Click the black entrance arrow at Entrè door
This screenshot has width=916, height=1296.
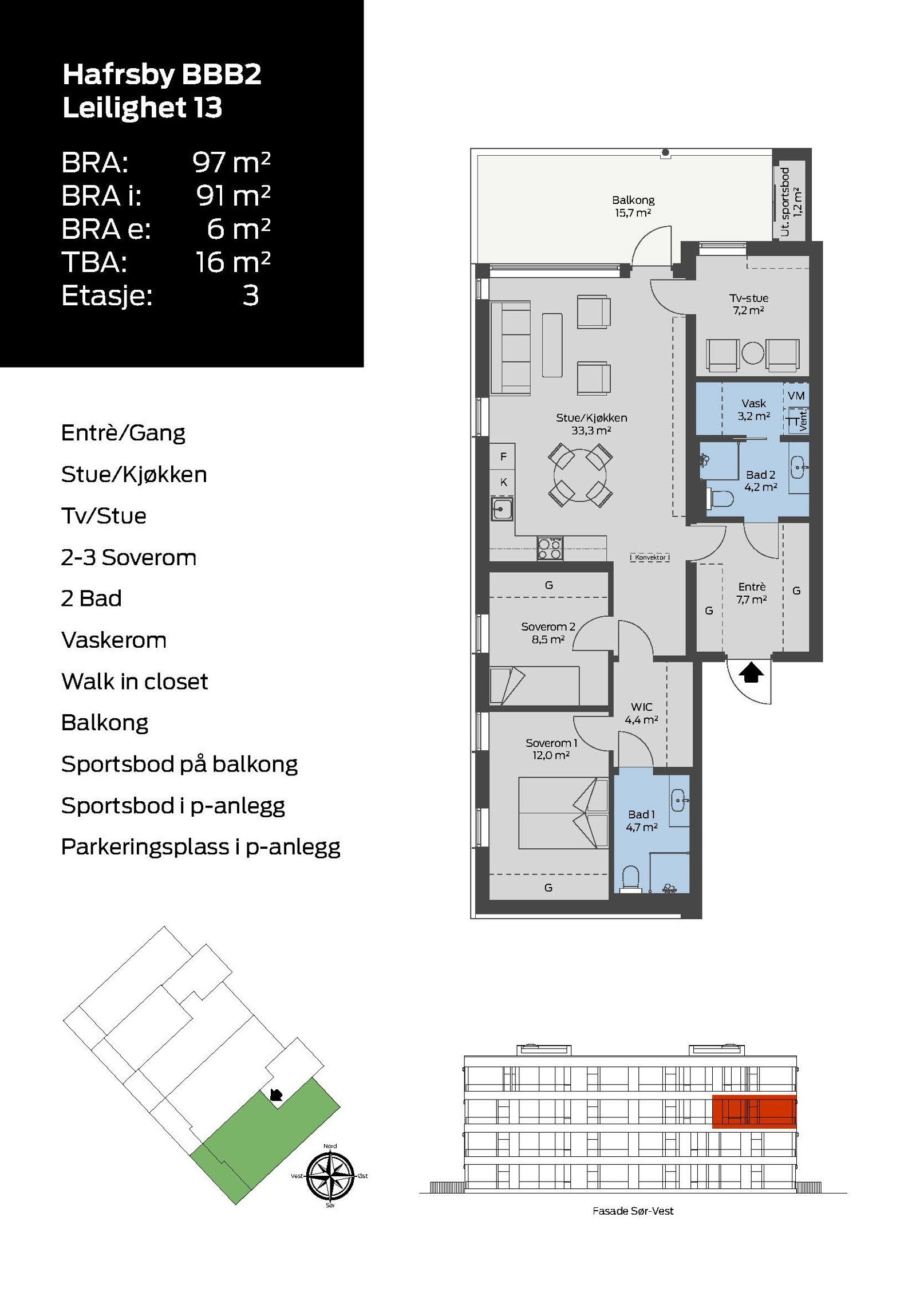click(751, 672)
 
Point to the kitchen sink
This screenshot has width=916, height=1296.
click(502, 509)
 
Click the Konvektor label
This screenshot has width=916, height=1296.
click(650, 557)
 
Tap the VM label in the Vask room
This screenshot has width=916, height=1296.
click(796, 396)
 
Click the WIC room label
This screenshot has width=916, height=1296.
click(641, 713)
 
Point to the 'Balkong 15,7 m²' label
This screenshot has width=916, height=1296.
click(633, 206)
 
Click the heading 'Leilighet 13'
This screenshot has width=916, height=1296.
click(142, 108)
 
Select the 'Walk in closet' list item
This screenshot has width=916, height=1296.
click(135, 682)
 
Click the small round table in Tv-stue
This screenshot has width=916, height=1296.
click(752, 352)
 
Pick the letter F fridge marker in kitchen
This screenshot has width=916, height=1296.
click(503, 457)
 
